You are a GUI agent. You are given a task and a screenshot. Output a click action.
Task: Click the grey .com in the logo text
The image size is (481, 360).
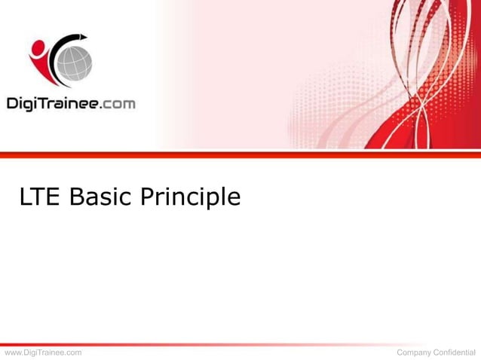point(118,104)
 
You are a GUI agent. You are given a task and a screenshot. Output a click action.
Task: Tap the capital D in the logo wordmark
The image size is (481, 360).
point(13,102)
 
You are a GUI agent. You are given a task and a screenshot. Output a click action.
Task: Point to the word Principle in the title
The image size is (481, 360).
point(189,198)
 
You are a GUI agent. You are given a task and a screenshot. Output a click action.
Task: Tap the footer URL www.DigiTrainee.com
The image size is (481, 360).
point(43,352)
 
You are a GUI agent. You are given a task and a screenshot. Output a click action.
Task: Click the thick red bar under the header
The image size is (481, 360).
point(240,154)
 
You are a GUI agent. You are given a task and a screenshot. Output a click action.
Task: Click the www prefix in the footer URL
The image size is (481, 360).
point(14,352)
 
